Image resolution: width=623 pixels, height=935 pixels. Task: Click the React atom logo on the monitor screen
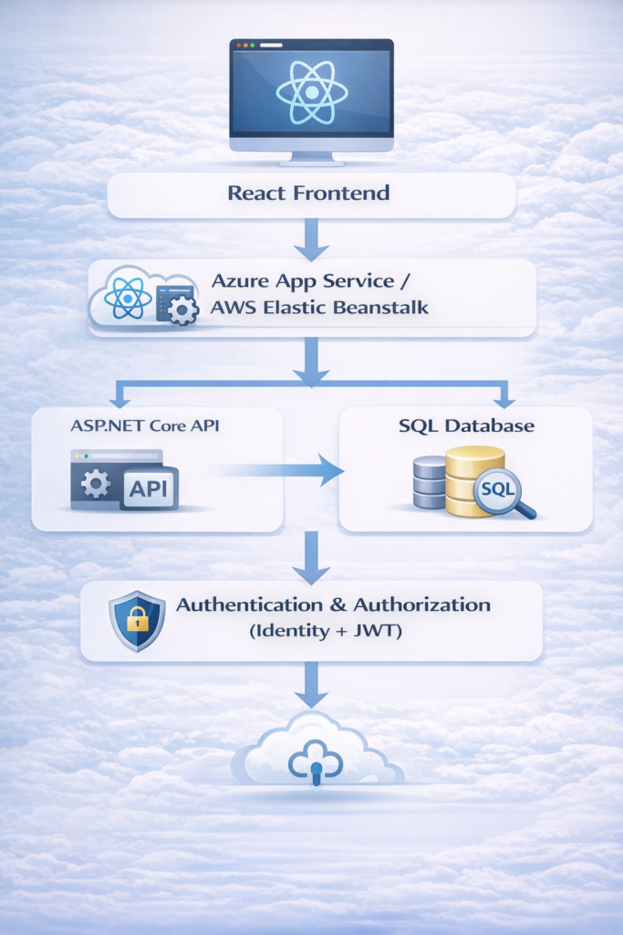[x=312, y=91]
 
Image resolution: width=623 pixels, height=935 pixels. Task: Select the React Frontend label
[x=308, y=194]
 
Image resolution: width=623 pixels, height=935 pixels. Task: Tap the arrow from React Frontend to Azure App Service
[x=310, y=239]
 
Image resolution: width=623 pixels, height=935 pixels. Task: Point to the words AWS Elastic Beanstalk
[x=319, y=309]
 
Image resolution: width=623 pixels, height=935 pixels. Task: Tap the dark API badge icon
[x=149, y=489]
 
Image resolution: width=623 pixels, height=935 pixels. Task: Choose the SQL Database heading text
[x=466, y=425]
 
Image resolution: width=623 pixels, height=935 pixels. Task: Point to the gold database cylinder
[x=473, y=480]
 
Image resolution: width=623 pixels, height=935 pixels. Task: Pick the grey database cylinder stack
[x=429, y=482]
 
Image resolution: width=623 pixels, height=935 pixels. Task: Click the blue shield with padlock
[x=137, y=620]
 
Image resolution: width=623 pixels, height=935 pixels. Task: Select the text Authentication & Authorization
[x=333, y=604]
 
